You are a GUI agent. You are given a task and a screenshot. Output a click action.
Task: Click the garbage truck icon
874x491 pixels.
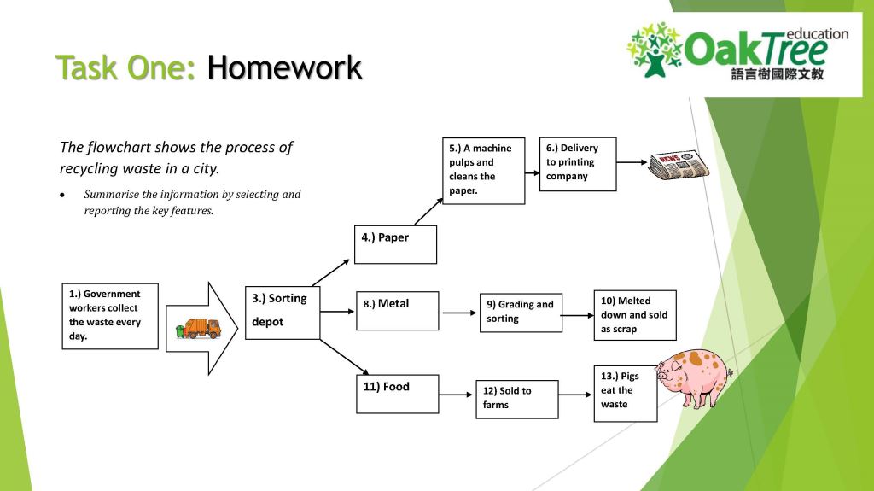[198, 328]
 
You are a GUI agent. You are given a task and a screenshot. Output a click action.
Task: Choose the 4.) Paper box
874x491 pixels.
[396, 244]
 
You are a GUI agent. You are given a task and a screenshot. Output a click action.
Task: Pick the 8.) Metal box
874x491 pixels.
[396, 311]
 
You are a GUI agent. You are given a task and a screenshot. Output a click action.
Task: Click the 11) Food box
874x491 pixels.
[396, 394]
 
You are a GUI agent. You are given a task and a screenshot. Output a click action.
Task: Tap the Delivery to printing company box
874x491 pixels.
[578, 163]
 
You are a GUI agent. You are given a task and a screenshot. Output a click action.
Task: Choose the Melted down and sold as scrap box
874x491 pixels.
[635, 315]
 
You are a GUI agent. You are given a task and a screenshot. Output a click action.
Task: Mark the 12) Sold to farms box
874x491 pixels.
[516, 399]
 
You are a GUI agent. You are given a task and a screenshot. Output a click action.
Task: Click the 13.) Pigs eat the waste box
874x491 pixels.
[626, 392]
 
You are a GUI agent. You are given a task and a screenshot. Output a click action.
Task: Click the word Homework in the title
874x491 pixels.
[284, 67]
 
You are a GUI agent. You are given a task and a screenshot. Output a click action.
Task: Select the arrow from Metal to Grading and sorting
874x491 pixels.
[460, 313]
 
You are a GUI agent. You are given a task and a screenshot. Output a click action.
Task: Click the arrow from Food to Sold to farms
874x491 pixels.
[457, 395]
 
